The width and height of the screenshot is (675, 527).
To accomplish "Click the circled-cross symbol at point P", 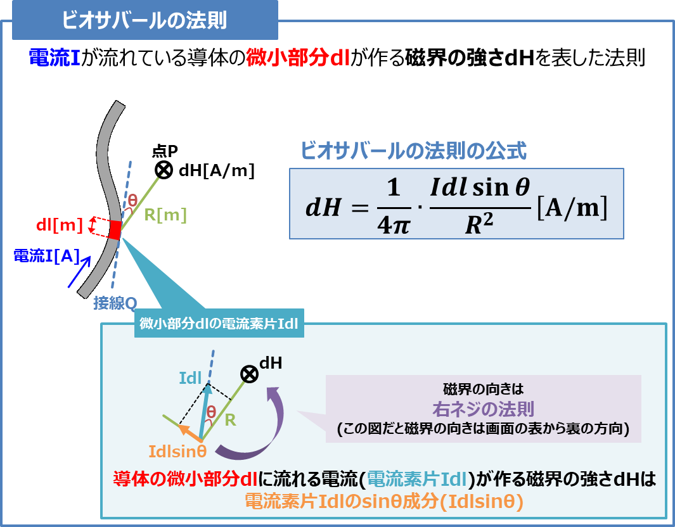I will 164,170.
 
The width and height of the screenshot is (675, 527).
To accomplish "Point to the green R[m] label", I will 165,215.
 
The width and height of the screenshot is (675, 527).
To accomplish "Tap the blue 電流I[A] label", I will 46,255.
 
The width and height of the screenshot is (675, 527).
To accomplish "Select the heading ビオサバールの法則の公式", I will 413,151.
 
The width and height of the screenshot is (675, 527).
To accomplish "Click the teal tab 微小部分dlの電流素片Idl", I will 219,325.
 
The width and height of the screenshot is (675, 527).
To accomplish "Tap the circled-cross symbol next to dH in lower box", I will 250,374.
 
